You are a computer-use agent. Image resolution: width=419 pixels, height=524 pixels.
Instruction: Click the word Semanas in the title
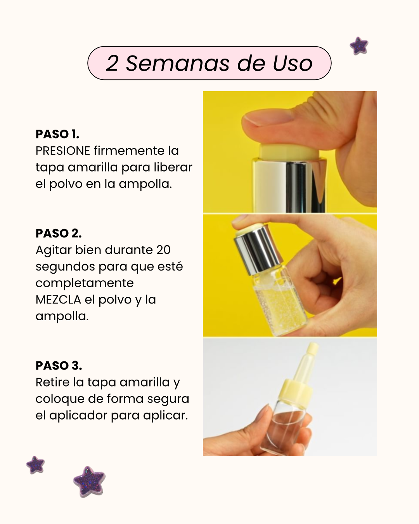(177, 63)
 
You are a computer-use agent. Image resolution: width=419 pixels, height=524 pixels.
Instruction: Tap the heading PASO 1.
(57, 134)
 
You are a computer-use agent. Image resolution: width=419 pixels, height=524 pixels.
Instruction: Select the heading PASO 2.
(59, 233)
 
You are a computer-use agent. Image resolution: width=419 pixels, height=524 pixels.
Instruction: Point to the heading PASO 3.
(59, 366)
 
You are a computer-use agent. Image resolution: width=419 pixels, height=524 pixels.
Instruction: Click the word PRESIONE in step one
(63, 151)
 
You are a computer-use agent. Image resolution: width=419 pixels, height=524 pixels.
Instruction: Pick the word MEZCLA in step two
(59, 300)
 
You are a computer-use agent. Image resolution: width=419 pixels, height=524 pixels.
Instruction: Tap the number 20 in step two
(163, 250)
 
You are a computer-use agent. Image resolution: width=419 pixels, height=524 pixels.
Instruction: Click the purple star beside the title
(359, 46)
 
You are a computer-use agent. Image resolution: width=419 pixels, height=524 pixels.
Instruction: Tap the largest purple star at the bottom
(89, 481)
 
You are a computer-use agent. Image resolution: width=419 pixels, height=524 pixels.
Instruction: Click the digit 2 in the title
(112, 63)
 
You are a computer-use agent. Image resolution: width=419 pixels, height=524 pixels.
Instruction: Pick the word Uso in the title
(293, 63)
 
